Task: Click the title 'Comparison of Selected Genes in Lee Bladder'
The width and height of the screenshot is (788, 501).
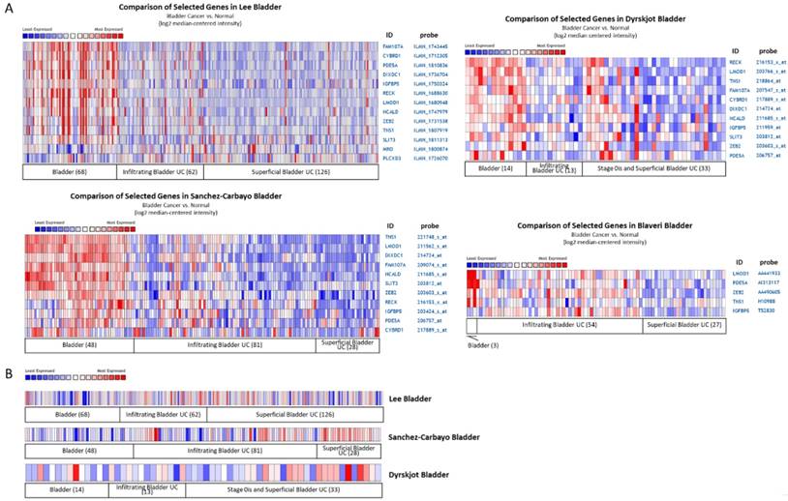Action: [x=199, y=8]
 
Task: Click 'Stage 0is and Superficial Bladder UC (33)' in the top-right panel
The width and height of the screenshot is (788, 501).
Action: [x=637, y=168]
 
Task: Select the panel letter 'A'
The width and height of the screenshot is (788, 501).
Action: [x=8, y=7]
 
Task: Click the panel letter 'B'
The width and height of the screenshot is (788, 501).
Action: [x=8, y=370]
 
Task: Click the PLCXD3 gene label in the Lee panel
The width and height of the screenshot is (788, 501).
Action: [x=390, y=158]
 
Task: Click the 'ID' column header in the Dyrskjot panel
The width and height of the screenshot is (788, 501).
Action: [x=734, y=49]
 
